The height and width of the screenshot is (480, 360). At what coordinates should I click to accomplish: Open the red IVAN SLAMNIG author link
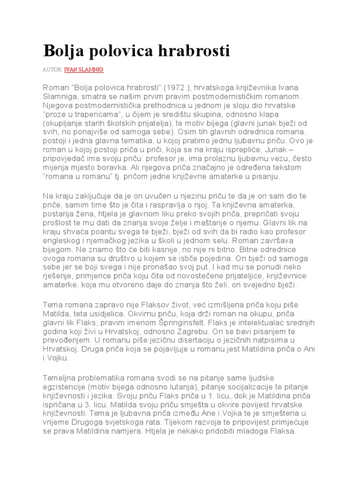point(84,69)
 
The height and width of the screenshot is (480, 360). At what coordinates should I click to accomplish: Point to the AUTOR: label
point(52,69)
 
